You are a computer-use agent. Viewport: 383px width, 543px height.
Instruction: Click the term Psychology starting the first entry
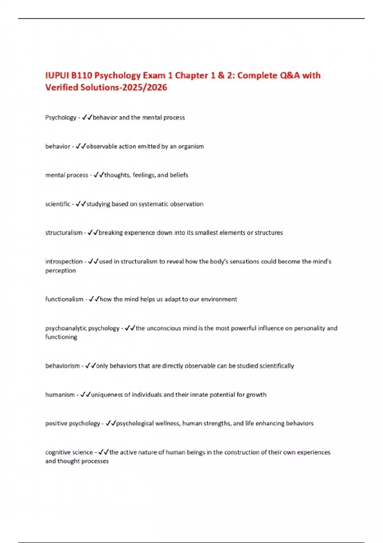(61, 118)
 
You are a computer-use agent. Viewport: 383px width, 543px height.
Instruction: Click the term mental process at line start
(66, 175)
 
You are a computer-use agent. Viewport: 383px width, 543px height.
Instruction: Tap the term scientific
(57, 204)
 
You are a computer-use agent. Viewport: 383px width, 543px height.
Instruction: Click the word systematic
(154, 204)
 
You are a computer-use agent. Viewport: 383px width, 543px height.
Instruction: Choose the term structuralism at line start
(64, 233)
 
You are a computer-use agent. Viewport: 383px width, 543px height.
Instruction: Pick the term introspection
(64, 262)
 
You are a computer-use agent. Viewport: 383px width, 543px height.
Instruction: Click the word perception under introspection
(61, 271)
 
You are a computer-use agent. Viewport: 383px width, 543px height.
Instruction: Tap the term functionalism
(64, 299)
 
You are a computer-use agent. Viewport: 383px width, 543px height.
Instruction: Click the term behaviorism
(63, 366)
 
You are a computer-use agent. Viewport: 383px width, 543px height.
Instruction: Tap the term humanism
(60, 395)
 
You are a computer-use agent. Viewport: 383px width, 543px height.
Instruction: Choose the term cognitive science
(69, 452)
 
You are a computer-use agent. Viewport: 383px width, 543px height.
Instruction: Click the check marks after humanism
(86, 395)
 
